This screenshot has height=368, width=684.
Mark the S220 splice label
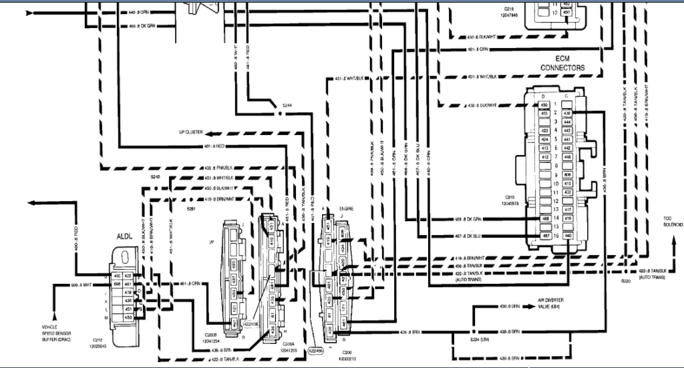(625, 281)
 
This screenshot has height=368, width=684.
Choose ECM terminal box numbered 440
(567, 236)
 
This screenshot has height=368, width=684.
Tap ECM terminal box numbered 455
(545, 114)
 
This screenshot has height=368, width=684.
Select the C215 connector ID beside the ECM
(512, 198)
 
